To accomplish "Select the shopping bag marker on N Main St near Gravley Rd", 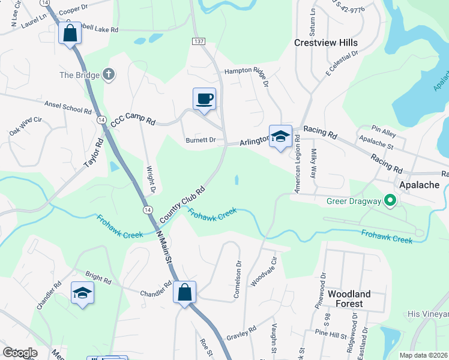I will coord(184,293).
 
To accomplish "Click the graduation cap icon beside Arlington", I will coord(280,136).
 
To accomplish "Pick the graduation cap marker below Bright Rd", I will coord(82,293).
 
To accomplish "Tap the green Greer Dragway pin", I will coord(390,201).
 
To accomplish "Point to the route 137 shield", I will coord(199,41).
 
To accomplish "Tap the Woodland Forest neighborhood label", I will coord(349,299).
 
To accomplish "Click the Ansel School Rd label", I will coord(67,107).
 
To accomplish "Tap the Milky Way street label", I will coord(313,165).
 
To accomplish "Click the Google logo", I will coord(20,353).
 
